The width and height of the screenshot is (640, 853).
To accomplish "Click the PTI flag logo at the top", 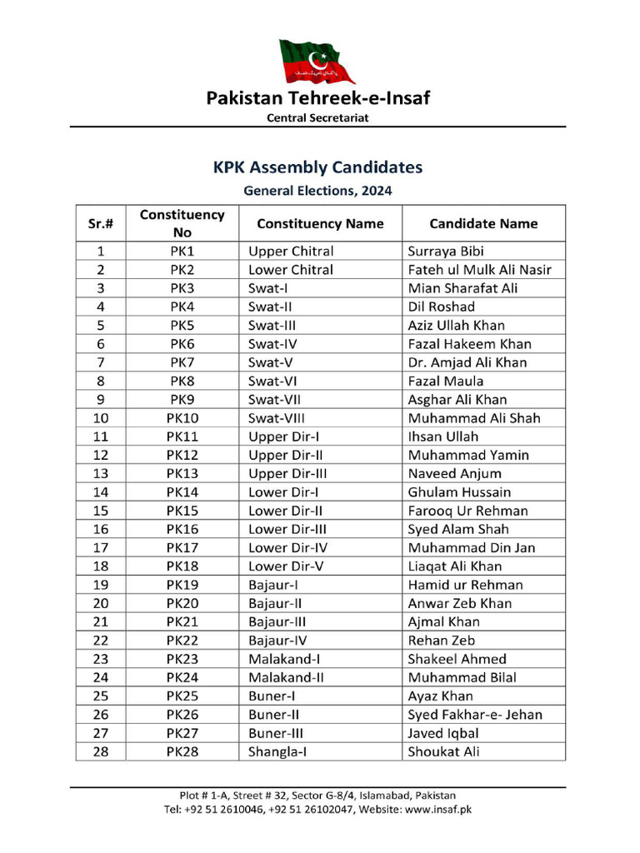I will (317, 61).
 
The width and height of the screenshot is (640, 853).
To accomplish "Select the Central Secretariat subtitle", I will (317, 117).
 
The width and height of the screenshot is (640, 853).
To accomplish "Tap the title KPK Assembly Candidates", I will (317, 167).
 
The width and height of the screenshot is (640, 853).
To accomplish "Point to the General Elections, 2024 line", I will (317, 191).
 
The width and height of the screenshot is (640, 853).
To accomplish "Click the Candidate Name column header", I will (483, 223).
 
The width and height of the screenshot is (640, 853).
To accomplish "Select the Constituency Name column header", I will (320, 223).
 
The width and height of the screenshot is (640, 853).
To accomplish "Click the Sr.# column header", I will (101, 223).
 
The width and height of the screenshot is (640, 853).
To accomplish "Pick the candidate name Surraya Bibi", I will (446, 252).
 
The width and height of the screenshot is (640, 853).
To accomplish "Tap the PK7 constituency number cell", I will (182, 362).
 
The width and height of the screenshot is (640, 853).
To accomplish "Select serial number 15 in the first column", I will (101, 511).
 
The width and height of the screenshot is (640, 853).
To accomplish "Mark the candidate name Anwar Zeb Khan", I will (460, 603).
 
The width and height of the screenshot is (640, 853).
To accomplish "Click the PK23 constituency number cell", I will (182, 659).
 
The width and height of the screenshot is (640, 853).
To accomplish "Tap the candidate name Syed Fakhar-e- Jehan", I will (475, 715).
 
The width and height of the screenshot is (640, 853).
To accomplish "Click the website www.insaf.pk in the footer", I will (438, 809).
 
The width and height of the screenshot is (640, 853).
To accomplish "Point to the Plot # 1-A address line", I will (317, 796).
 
